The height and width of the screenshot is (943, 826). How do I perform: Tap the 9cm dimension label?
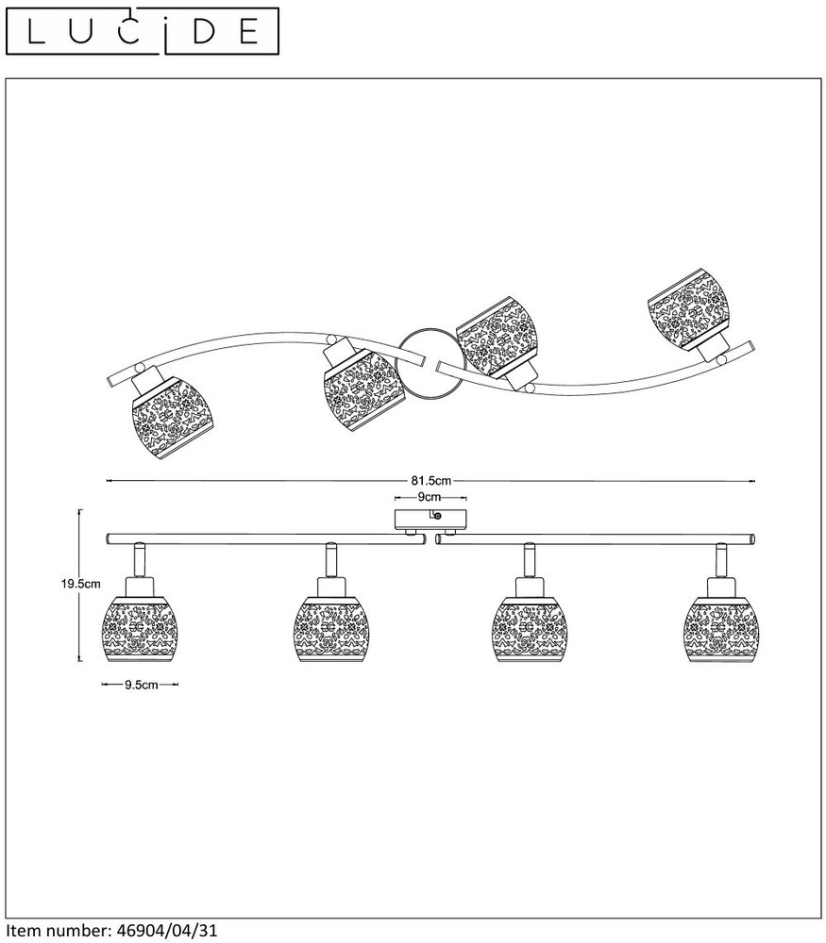click(430, 495)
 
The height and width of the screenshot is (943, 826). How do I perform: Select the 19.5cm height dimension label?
click(76, 584)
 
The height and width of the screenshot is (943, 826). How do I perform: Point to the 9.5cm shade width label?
click(141, 687)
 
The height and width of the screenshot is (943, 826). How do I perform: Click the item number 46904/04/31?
click(164, 930)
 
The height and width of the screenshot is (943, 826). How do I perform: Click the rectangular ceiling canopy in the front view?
click(430, 520)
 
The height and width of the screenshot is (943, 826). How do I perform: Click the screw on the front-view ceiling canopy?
click(435, 515)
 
